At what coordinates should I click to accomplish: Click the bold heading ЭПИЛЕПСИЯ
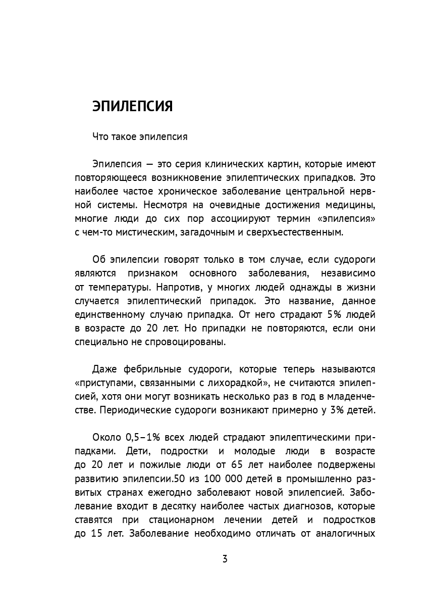click(x=133, y=106)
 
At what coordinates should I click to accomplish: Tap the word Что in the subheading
click(x=100, y=136)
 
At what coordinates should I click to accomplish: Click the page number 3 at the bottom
click(x=225, y=559)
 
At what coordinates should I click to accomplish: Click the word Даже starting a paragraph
click(x=104, y=369)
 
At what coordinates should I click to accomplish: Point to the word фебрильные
click(x=150, y=369)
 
